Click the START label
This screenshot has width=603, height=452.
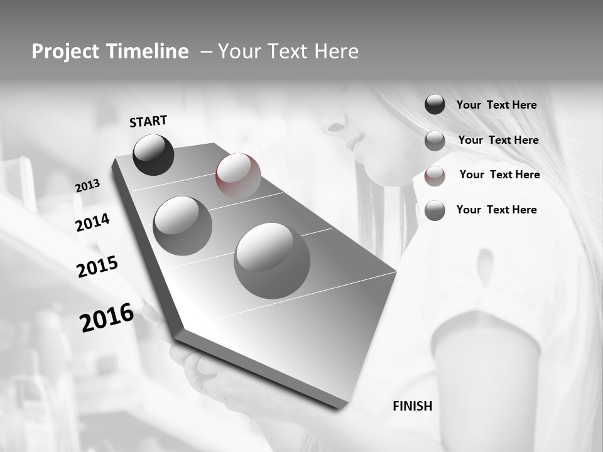(x=148, y=121)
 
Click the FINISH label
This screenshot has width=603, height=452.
(x=412, y=406)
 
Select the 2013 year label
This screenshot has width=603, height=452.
(x=87, y=186)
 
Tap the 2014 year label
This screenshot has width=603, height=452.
(x=92, y=222)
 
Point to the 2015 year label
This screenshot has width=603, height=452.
(x=97, y=267)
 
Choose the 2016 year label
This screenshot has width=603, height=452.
(x=107, y=318)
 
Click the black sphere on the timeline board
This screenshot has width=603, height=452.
(x=153, y=154)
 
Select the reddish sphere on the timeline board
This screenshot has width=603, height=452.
(x=238, y=175)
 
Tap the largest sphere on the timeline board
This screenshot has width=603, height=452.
(x=272, y=261)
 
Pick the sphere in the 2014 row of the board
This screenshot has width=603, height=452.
(x=182, y=225)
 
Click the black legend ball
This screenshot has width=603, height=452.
(x=435, y=105)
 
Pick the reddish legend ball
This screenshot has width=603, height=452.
(x=435, y=176)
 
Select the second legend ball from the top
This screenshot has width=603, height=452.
(x=435, y=141)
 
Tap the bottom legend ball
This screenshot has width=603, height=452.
(x=435, y=210)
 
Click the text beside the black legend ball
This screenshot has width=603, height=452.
(x=496, y=105)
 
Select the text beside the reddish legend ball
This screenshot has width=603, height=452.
(x=499, y=175)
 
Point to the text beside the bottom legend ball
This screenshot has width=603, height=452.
(x=496, y=210)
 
